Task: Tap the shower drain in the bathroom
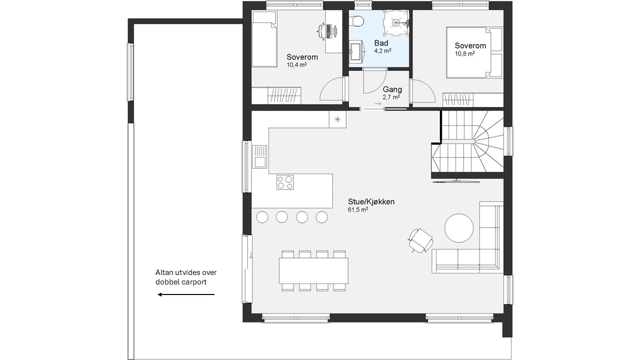[395, 22]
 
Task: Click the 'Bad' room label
[381, 43]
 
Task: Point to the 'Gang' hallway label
[392, 89]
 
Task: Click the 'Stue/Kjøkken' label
[371, 201]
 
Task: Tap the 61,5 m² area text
[357, 209]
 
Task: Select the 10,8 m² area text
[464, 53]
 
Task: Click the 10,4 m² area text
[296, 65]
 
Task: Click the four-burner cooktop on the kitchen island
[285, 182]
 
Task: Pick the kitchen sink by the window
[259, 156]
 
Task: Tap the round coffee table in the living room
[459, 228]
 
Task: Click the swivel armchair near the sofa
[420, 240]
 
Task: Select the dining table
[313, 270]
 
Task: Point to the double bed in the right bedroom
[474, 52]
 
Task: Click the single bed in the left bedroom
[264, 39]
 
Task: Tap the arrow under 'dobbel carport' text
[186, 294]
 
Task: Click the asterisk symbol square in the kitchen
[337, 119]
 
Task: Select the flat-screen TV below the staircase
[455, 181]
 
